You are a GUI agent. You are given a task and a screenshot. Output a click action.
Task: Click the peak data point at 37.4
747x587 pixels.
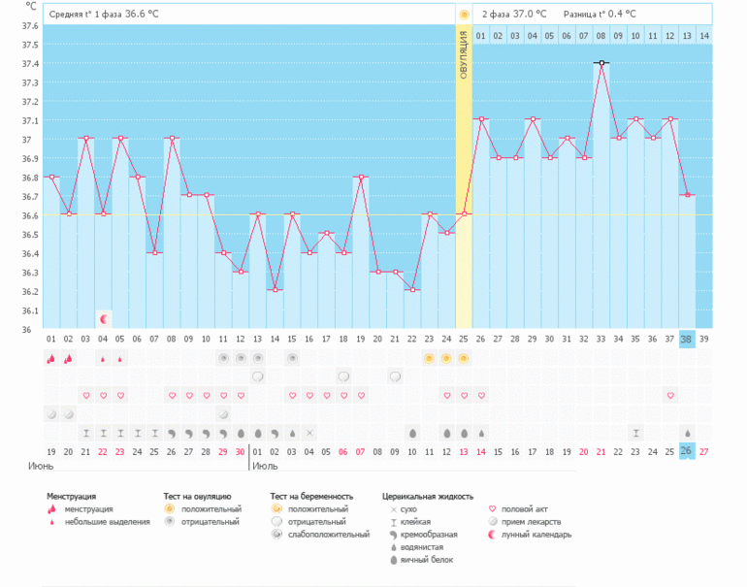pos(601,63)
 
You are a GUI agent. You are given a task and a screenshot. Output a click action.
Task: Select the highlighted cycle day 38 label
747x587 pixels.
pos(687,339)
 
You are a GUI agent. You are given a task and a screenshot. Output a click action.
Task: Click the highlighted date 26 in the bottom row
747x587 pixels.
pos(687,451)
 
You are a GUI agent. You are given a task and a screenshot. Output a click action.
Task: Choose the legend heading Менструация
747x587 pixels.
pos(72,496)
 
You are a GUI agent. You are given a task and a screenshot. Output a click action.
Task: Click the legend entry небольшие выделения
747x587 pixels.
pos(107,522)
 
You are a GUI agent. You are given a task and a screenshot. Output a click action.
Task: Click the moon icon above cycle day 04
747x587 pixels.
pos(104,318)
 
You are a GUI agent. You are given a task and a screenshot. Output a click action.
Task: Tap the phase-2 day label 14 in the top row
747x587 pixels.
pos(703,36)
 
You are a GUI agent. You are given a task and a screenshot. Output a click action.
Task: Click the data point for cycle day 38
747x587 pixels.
pos(687,195)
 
